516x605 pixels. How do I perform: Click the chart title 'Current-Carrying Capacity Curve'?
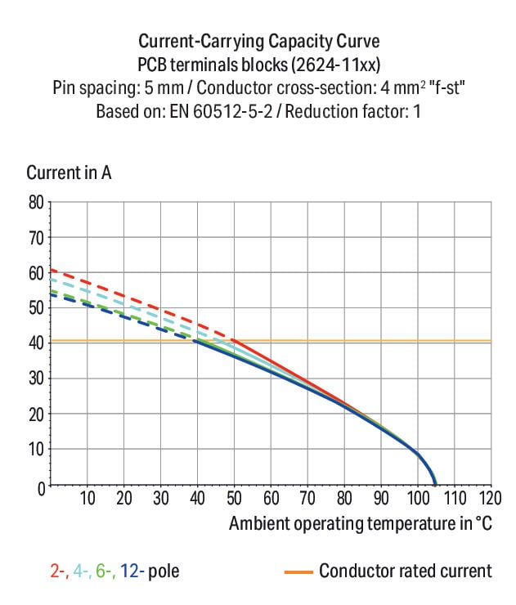tap(258, 41)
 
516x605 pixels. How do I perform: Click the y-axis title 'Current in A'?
tap(69, 173)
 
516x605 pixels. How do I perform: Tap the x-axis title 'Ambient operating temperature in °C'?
tap(361, 524)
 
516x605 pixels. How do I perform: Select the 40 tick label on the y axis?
tap(36, 343)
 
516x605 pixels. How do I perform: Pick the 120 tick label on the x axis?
tap(490, 498)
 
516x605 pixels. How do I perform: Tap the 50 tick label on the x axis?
tap(234, 498)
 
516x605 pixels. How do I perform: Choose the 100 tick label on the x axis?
tap(417, 498)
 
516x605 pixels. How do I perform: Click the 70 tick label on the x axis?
tap(307, 498)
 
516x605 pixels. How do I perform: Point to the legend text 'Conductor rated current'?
tap(406, 571)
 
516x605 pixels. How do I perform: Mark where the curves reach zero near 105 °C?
tap(435, 486)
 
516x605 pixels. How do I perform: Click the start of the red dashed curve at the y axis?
tap(52, 271)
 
